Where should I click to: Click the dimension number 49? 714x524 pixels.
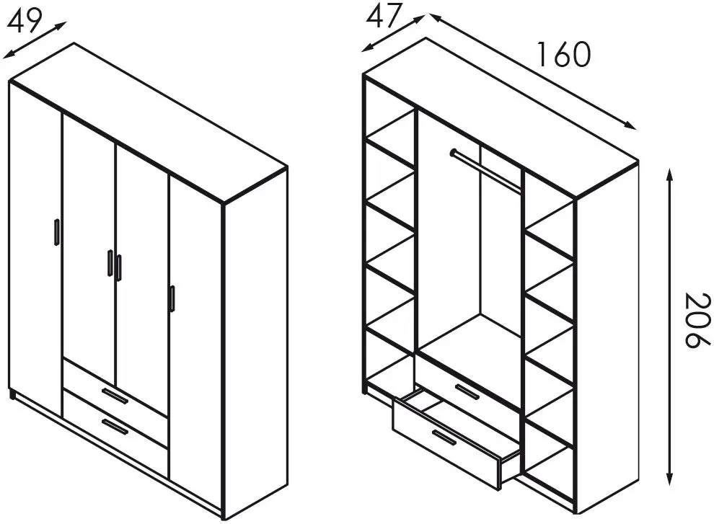(24, 20)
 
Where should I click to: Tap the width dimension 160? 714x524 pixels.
(564, 54)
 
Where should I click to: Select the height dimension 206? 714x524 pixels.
(697, 321)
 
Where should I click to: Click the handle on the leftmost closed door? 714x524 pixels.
(56, 232)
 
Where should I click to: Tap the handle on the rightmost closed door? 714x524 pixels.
(172, 298)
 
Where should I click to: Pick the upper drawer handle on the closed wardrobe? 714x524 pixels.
(115, 395)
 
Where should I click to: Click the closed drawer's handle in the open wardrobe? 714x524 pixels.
(467, 391)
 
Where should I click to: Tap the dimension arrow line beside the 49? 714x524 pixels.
(35, 40)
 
